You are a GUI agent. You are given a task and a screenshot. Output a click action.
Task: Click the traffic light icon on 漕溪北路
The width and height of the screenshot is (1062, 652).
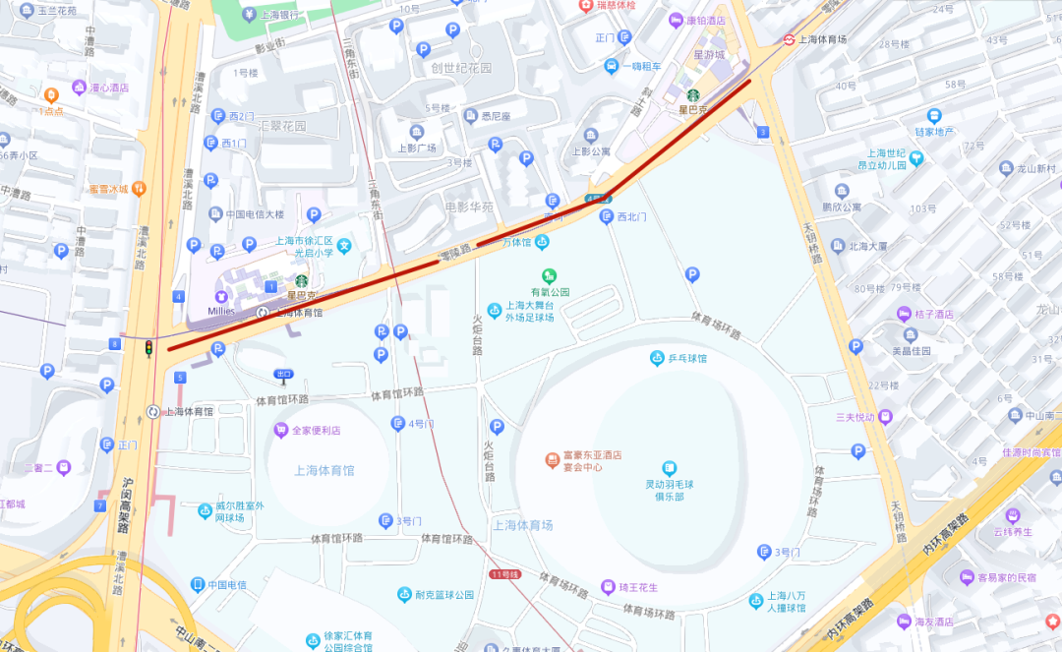pyautogui.click(x=149, y=348)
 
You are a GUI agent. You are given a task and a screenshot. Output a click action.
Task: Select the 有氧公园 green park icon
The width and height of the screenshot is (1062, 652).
pyautogui.click(x=550, y=275)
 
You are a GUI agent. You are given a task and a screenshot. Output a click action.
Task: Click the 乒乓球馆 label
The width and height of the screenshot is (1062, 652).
pyautogui.click(x=687, y=359)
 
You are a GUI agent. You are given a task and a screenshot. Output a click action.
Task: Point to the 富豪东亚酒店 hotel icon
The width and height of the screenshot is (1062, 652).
pyautogui.click(x=553, y=460)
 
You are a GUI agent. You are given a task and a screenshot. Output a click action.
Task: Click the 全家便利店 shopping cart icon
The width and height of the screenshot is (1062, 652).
pyautogui.click(x=281, y=430)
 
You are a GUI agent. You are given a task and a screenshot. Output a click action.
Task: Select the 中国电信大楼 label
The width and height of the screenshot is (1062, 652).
pyautogui.click(x=254, y=214)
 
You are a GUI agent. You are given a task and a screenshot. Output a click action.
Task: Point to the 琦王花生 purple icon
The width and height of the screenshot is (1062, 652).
pyautogui.click(x=609, y=587)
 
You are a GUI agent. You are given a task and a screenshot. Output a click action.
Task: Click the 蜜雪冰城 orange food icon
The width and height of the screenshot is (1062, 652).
pyautogui.click(x=140, y=188)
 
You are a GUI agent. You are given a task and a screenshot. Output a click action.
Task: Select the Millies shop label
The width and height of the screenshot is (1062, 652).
pyautogui.click(x=221, y=311)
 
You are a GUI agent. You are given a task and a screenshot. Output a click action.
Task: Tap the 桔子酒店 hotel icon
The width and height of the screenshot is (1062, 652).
pyautogui.click(x=904, y=314)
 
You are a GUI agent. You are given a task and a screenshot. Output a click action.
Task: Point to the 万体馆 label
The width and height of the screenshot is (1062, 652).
pyautogui.click(x=516, y=242)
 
